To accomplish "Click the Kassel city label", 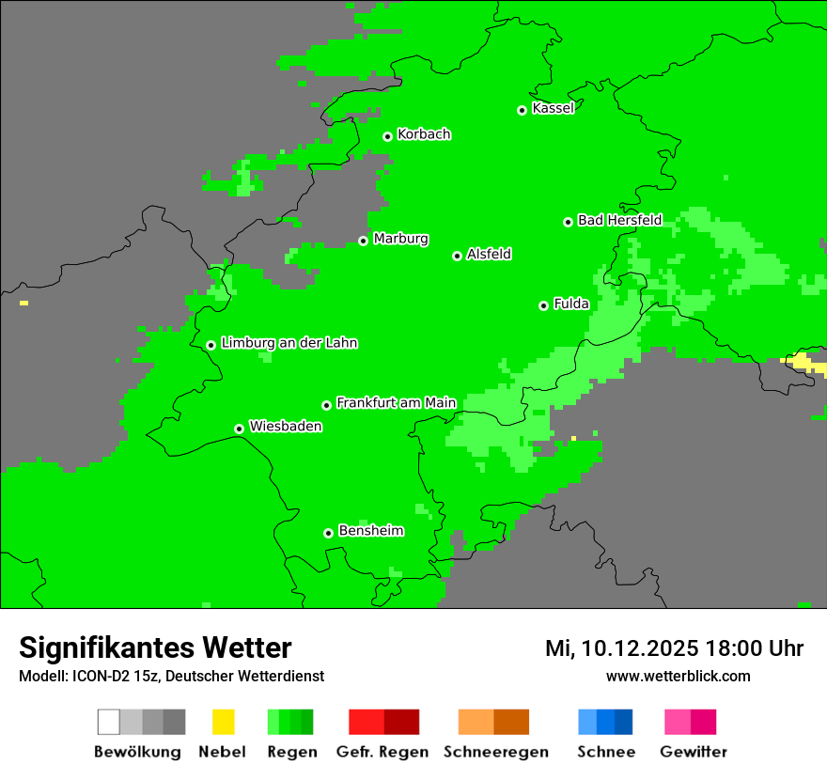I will point(553,108).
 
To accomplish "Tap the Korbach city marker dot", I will point(387,136).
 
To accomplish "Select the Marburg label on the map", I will point(400,239).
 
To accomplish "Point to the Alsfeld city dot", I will point(457,256).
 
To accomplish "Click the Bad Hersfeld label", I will point(619,220).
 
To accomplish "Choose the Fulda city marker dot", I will point(543,305).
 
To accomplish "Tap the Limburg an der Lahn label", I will point(289,343).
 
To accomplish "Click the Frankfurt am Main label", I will point(396,402).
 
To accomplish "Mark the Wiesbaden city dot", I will point(239,429).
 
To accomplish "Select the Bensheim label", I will point(370,531).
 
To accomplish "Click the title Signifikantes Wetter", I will point(155,647).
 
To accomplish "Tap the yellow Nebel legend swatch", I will point(223,722).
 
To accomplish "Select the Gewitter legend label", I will point(693,752).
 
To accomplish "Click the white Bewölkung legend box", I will point(109,722).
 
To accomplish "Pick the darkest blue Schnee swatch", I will point(623,722).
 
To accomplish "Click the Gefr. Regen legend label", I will point(382,752).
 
